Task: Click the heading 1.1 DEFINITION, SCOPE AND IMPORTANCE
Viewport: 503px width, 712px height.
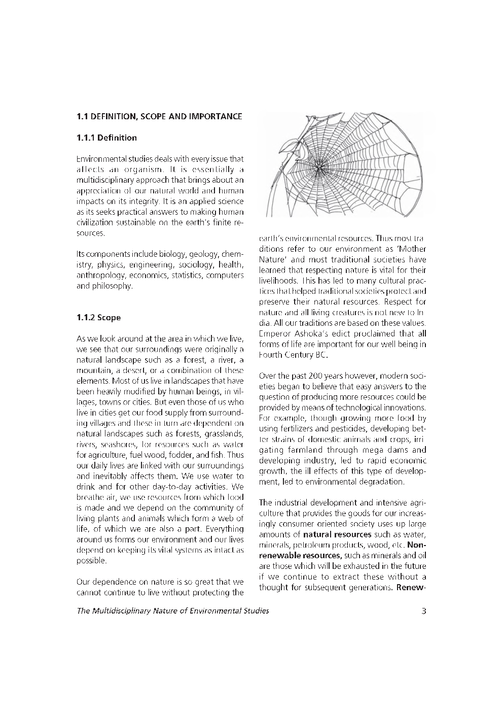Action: point(159,117)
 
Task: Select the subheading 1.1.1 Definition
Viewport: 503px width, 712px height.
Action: point(106,138)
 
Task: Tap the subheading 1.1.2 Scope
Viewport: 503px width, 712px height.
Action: point(98,318)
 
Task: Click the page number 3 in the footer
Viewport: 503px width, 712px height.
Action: point(423,611)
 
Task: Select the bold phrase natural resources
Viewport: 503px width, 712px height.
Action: point(337,534)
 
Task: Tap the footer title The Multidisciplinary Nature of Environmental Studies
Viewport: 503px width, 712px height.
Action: point(173,611)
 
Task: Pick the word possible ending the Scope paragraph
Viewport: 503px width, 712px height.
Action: point(91,561)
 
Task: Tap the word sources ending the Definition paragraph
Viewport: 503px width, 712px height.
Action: point(90,233)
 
